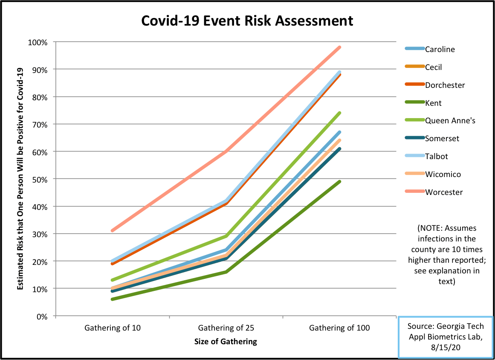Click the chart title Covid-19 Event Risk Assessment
coord(247,20)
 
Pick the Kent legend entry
coord(433,103)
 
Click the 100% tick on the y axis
coord(38,42)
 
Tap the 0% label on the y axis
coord(41,316)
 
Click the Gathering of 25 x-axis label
coord(226,328)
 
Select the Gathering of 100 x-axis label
coord(339,328)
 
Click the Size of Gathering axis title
coord(226,342)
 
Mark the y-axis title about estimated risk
coord(20,179)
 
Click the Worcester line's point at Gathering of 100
coord(339,47)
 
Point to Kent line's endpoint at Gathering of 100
coord(339,182)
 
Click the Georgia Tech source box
coord(445,337)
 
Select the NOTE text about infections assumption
coord(447,254)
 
